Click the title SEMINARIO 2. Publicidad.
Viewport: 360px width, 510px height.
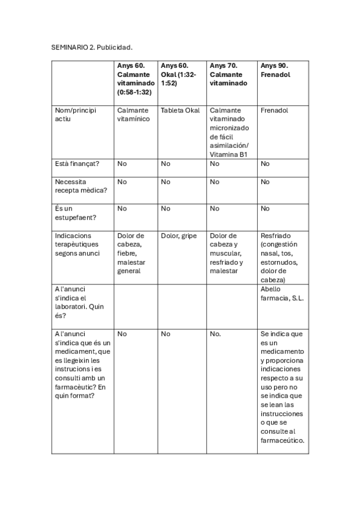point(91,46)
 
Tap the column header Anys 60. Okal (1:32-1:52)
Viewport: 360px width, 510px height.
point(179,74)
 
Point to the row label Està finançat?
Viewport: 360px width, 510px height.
point(77,163)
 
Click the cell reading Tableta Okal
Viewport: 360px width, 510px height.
point(180,111)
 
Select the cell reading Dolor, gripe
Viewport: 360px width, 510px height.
point(179,236)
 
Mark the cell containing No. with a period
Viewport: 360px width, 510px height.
point(216,333)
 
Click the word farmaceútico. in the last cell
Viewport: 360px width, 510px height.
point(282,440)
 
